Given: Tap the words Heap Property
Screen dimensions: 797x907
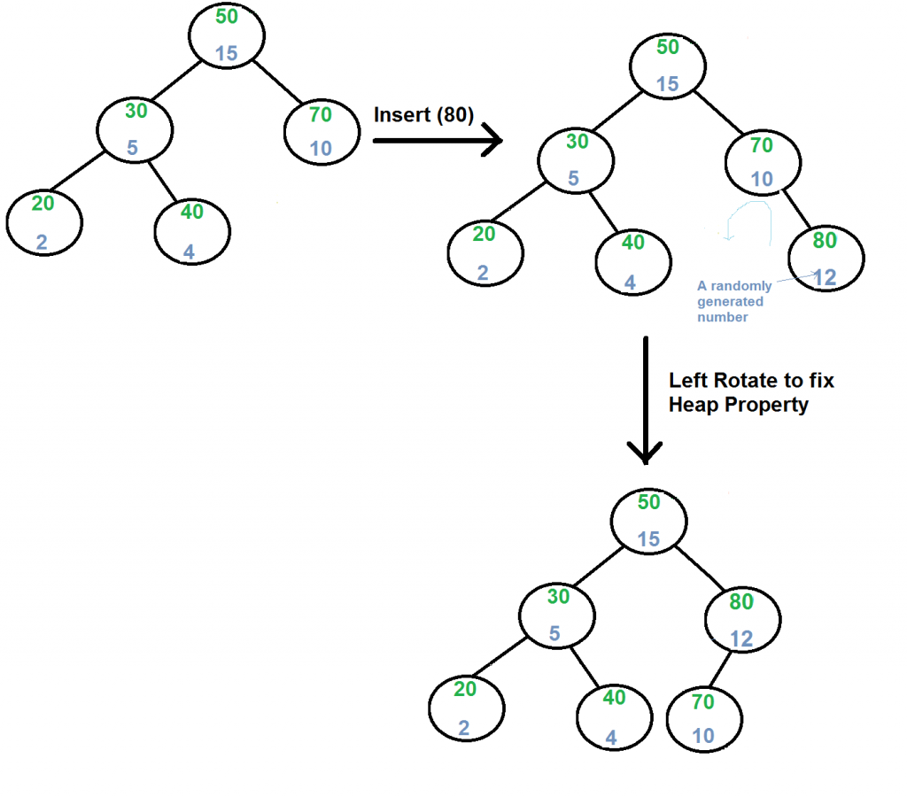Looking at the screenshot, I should [739, 405].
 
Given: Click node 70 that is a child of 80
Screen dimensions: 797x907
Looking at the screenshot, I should [703, 717].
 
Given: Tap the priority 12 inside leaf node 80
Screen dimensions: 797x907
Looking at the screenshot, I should [826, 277].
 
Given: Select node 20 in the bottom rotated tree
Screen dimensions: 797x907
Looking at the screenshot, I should [466, 708].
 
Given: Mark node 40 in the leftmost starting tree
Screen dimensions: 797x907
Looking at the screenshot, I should [191, 231].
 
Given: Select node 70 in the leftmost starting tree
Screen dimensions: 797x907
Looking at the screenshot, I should [322, 131].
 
